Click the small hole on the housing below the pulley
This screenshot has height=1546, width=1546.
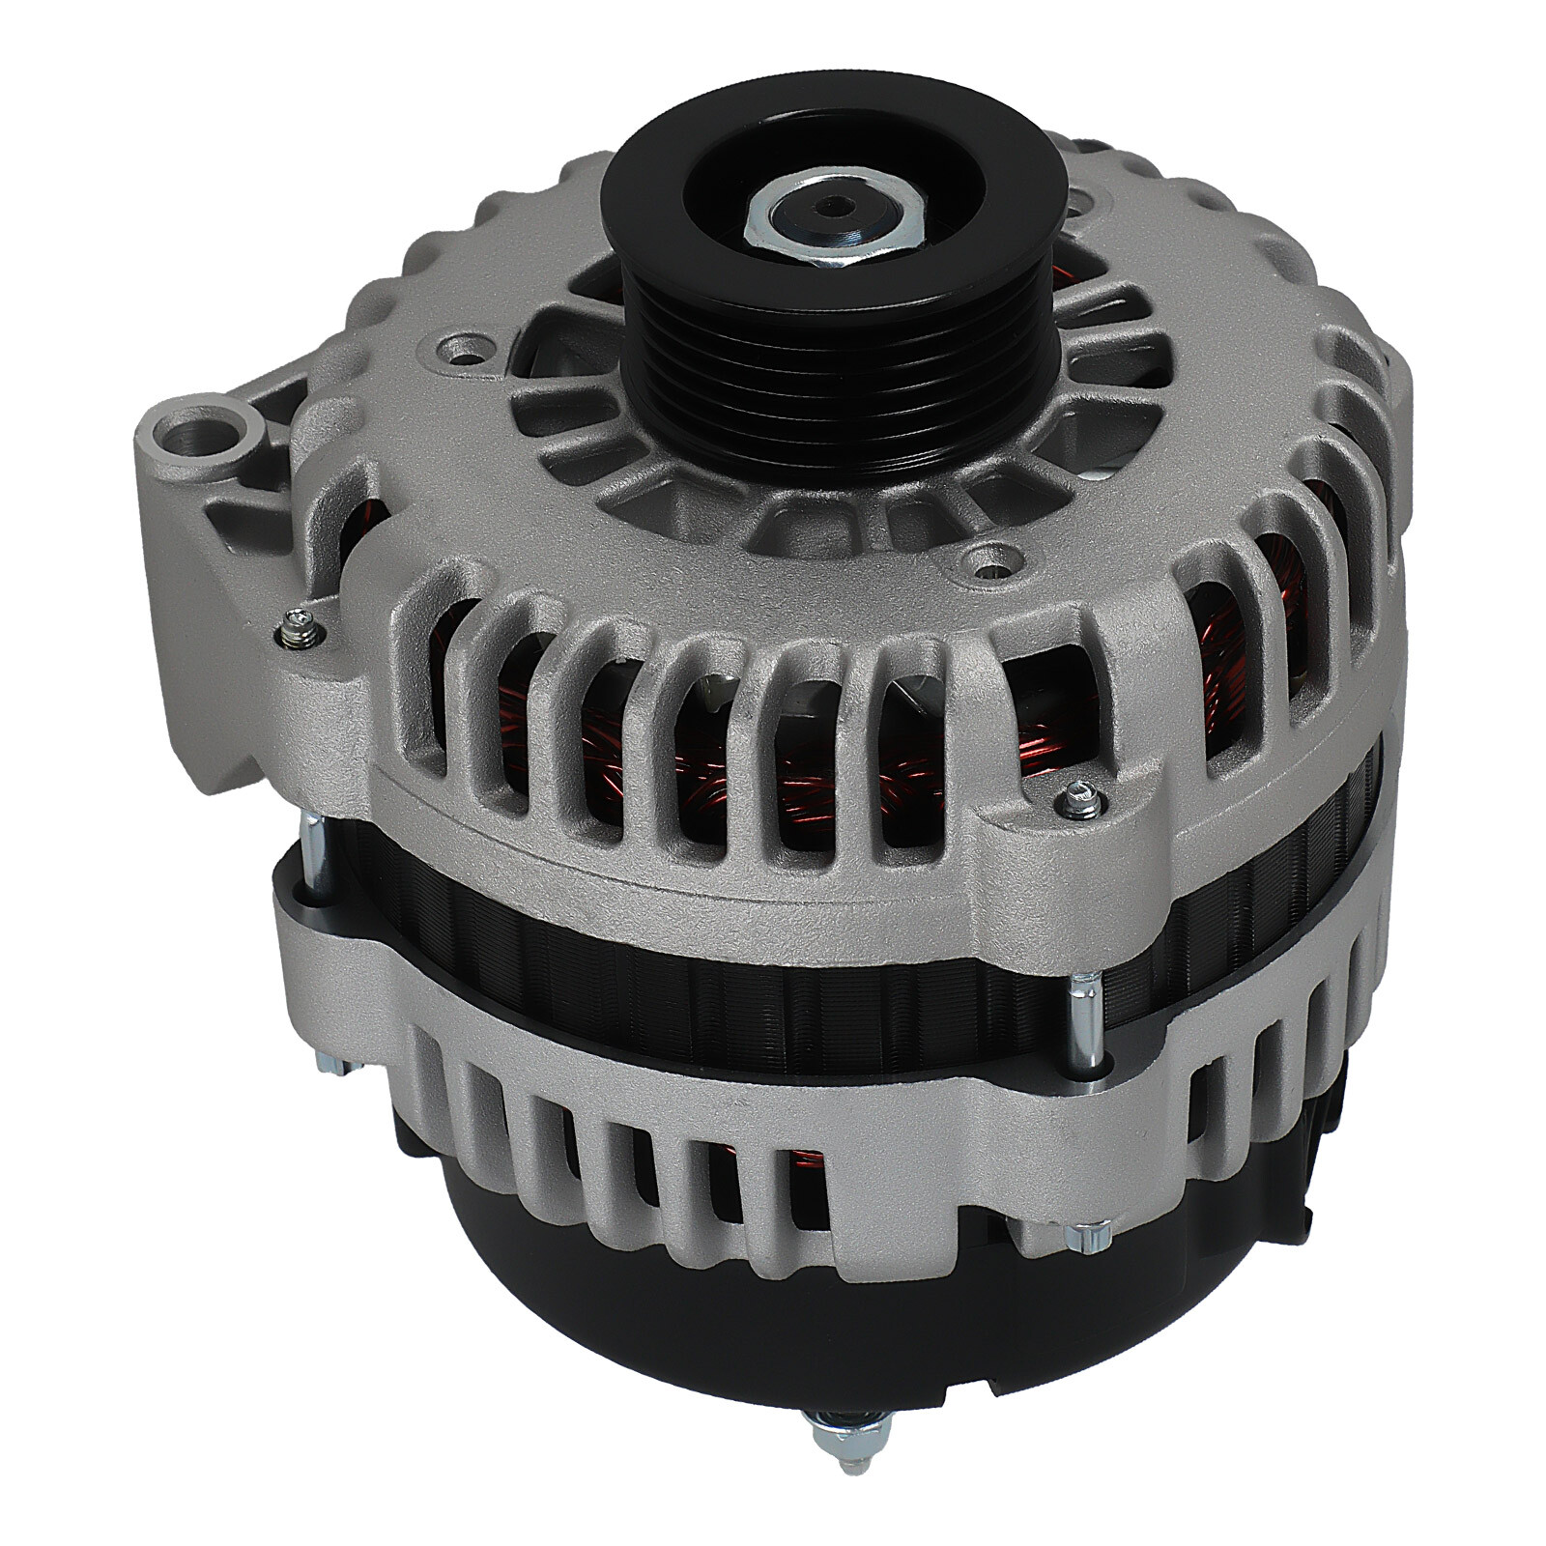pos(987,555)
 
